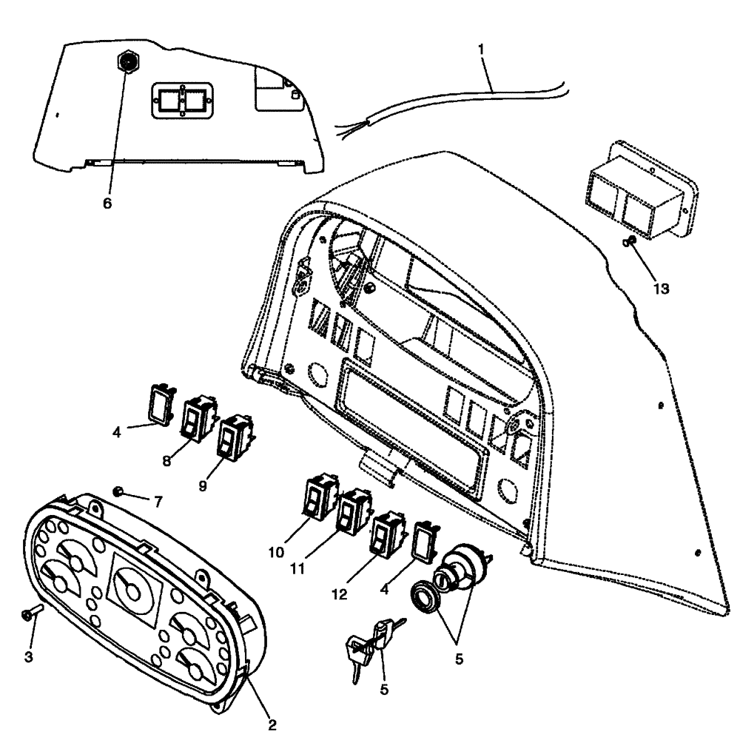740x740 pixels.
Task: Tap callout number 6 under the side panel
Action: tap(107, 203)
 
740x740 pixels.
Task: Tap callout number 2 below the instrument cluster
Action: tap(272, 725)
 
